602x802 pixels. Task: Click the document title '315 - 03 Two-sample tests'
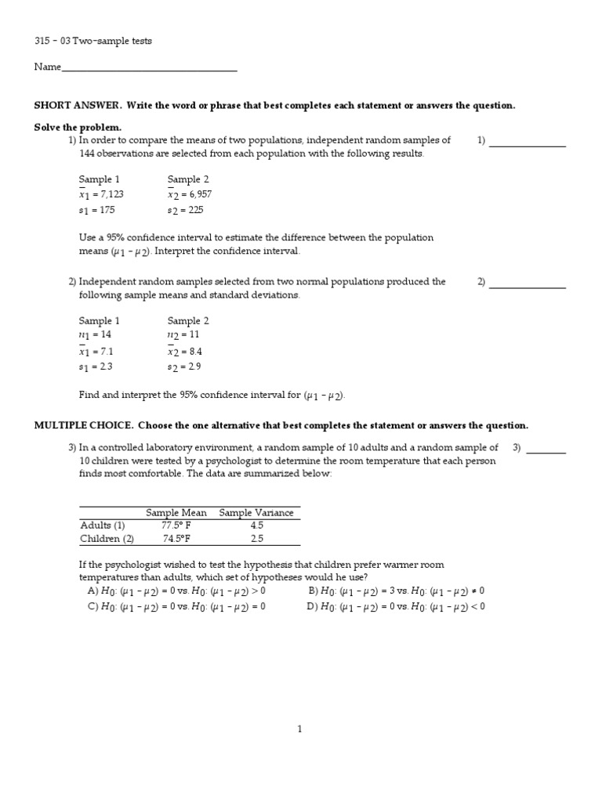pyautogui.click(x=92, y=41)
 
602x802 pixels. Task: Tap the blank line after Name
pyautogui.click(x=149, y=69)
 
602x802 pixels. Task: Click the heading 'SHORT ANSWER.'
pyautogui.click(x=78, y=106)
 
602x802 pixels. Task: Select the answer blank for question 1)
pyautogui.click(x=527, y=143)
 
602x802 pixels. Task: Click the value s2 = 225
pyautogui.click(x=189, y=210)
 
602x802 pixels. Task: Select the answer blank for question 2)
pyautogui.click(x=527, y=284)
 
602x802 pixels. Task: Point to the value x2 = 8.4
pyautogui.click(x=189, y=352)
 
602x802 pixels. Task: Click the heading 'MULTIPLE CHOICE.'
pyautogui.click(x=84, y=425)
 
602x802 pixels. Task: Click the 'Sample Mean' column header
pyautogui.click(x=176, y=513)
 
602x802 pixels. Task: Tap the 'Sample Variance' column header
pyautogui.click(x=256, y=513)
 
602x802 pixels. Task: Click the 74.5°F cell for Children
pyautogui.click(x=176, y=539)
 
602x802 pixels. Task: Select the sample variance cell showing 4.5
pyautogui.click(x=256, y=526)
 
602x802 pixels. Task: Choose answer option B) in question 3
pyautogui.click(x=397, y=591)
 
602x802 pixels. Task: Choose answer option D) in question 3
pyautogui.click(x=397, y=606)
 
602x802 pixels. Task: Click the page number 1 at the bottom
pyautogui.click(x=299, y=729)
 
